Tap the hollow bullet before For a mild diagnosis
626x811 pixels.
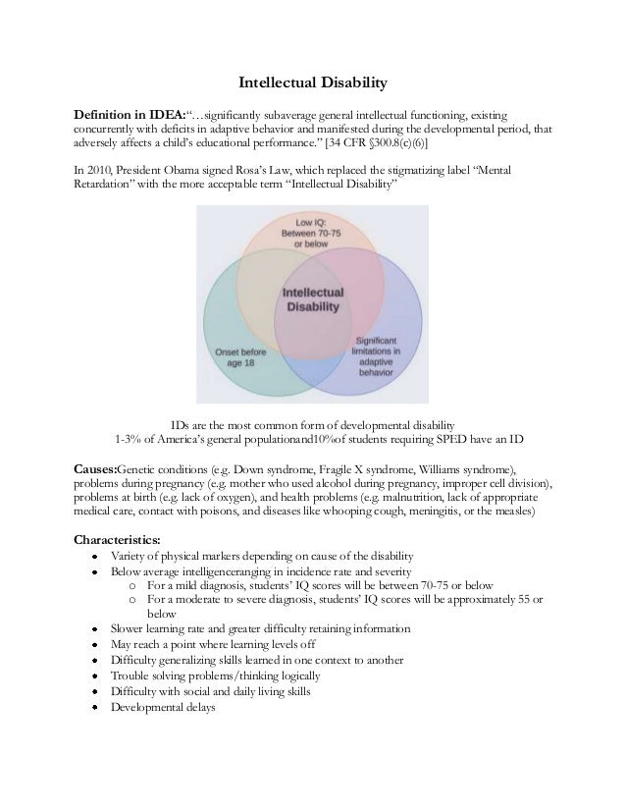coord(132,584)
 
